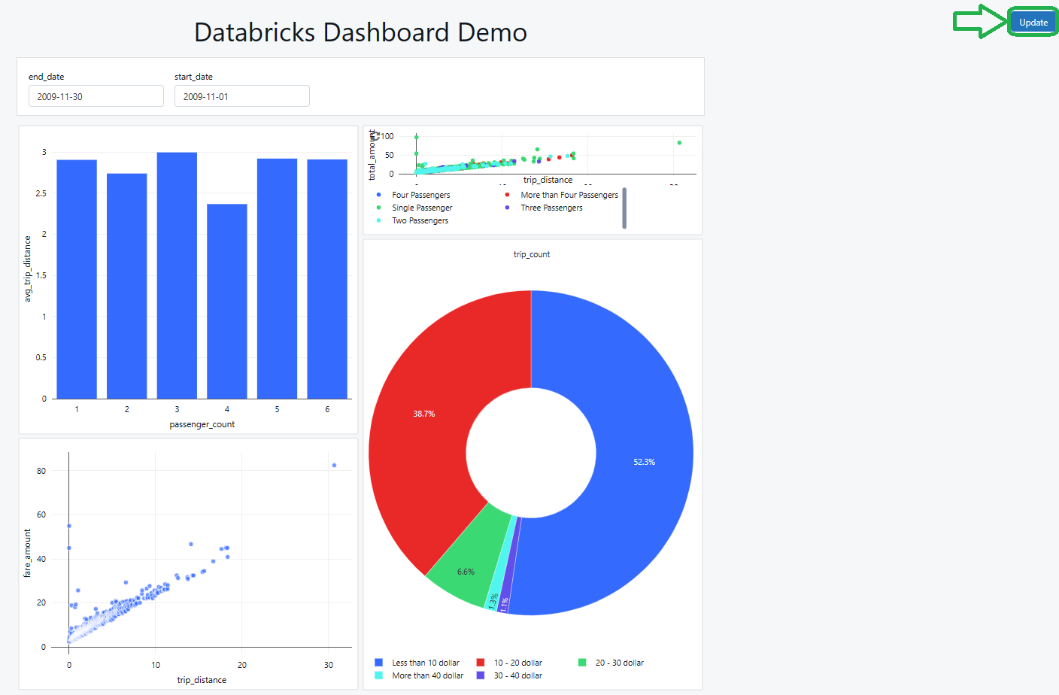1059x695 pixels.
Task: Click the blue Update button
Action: point(1033,23)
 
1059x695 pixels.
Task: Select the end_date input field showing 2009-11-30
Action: point(96,96)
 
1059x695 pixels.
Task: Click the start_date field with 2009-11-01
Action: point(241,96)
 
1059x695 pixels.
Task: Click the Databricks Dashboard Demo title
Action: point(360,32)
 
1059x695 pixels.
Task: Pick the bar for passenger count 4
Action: point(226,301)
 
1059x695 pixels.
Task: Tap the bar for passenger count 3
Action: point(177,275)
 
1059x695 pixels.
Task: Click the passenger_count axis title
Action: point(202,424)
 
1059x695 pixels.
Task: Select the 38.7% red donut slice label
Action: point(423,414)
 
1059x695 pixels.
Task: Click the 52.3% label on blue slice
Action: point(644,462)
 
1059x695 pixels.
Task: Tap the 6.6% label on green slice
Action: point(466,572)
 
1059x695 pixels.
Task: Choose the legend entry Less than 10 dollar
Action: point(425,663)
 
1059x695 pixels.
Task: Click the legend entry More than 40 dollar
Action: point(427,675)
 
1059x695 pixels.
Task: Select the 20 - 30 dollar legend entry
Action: point(619,663)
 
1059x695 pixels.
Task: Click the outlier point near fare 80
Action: point(334,466)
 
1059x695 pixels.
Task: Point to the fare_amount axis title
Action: point(28,553)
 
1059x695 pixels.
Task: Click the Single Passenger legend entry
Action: point(422,208)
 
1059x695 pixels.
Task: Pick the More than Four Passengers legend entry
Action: point(569,195)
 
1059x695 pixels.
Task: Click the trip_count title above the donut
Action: point(531,254)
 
